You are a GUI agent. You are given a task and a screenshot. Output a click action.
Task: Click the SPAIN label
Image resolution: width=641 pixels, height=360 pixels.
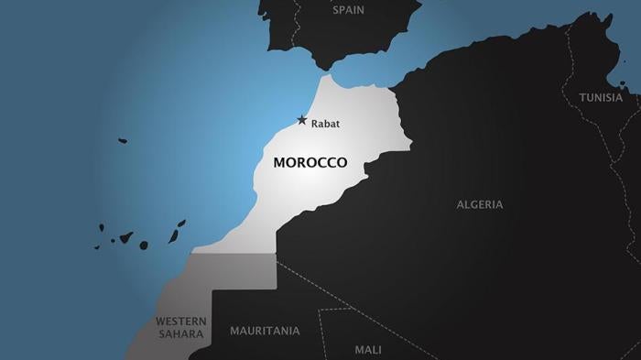(348, 11)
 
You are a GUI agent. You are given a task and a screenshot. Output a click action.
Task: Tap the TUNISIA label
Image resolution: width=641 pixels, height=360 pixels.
(601, 97)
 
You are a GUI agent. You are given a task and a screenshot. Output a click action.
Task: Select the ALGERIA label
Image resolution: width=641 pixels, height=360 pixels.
(480, 204)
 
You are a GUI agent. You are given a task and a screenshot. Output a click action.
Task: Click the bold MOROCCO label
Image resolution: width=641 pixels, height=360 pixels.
(310, 162)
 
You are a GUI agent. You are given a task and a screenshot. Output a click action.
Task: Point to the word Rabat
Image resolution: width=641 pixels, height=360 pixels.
(325, 123)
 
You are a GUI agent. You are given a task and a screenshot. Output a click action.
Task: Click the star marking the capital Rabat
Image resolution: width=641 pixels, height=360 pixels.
(301, 120)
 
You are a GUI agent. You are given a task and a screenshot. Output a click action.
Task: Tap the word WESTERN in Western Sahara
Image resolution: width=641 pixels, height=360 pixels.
(179, 322)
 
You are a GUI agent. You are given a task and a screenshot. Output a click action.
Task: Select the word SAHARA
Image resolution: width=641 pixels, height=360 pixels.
(179, 334)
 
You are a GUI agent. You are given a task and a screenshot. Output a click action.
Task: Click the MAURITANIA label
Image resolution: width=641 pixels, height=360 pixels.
(265, 330)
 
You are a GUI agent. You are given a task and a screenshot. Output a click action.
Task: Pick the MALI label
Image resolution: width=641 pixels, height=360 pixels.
(368, 349)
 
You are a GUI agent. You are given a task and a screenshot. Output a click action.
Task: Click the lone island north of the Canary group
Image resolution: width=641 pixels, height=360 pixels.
(123, 141)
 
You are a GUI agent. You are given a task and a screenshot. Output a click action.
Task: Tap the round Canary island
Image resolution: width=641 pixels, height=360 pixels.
(143, 245)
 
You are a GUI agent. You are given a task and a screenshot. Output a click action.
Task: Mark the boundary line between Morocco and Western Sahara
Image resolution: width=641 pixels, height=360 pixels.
(234, 254)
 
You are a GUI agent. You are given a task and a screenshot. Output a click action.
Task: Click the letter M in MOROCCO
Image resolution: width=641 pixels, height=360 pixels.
(278, 162)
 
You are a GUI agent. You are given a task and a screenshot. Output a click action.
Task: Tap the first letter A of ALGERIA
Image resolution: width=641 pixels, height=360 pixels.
(461, 204)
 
